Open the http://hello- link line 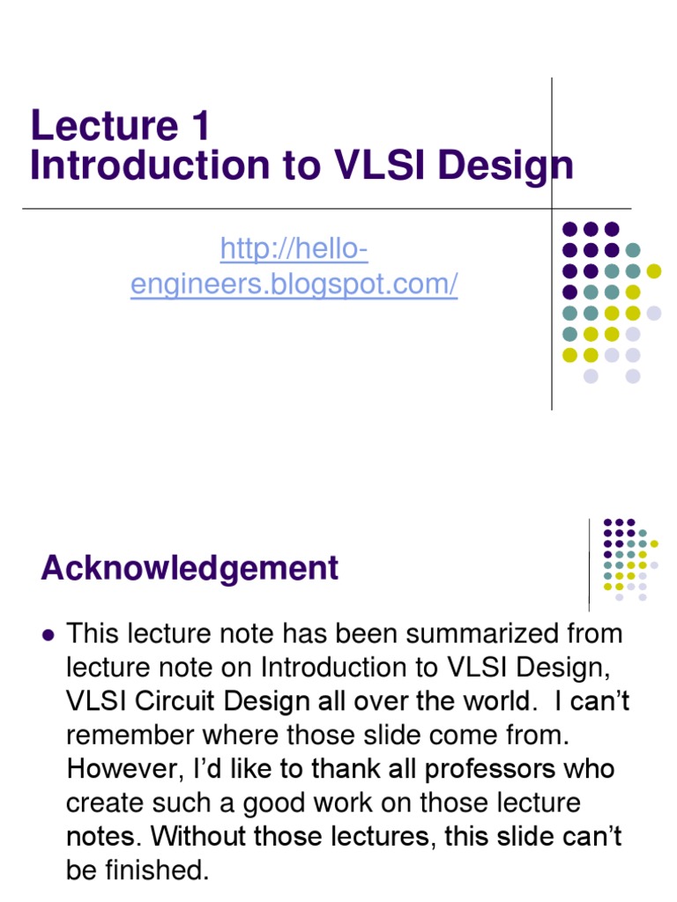click(x=294, y=250)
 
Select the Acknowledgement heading click(x=190, y=568)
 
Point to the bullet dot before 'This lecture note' click(x=48, y=634)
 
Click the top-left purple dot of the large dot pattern click(x=569, y=229)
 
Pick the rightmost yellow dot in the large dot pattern click(x=653, y=270)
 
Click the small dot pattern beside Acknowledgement click(x=629, y=559)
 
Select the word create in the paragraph click(x=108, y=803)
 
